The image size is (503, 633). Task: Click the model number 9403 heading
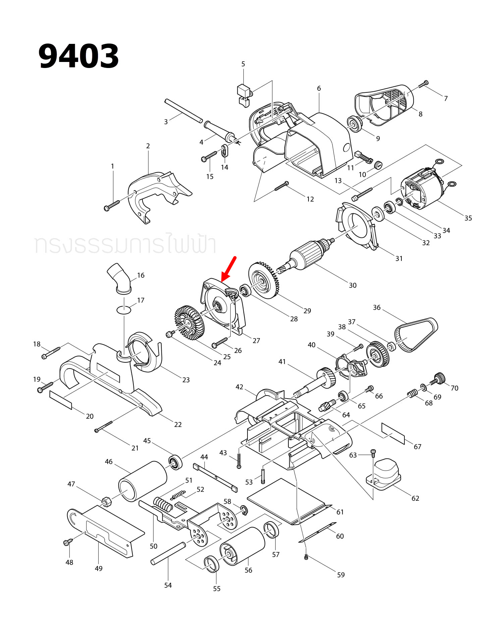point(78,56)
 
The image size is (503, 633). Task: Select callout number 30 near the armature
point(352,285)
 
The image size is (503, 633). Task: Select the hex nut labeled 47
point(107,501)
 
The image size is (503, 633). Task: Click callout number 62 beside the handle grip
point(415,498)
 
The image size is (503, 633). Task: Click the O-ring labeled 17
point(124,309)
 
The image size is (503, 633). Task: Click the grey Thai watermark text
point(125,245)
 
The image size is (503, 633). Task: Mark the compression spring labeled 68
point(412,394)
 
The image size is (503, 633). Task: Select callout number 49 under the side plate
point(99,568)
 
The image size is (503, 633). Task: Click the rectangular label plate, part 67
point(393,433)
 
